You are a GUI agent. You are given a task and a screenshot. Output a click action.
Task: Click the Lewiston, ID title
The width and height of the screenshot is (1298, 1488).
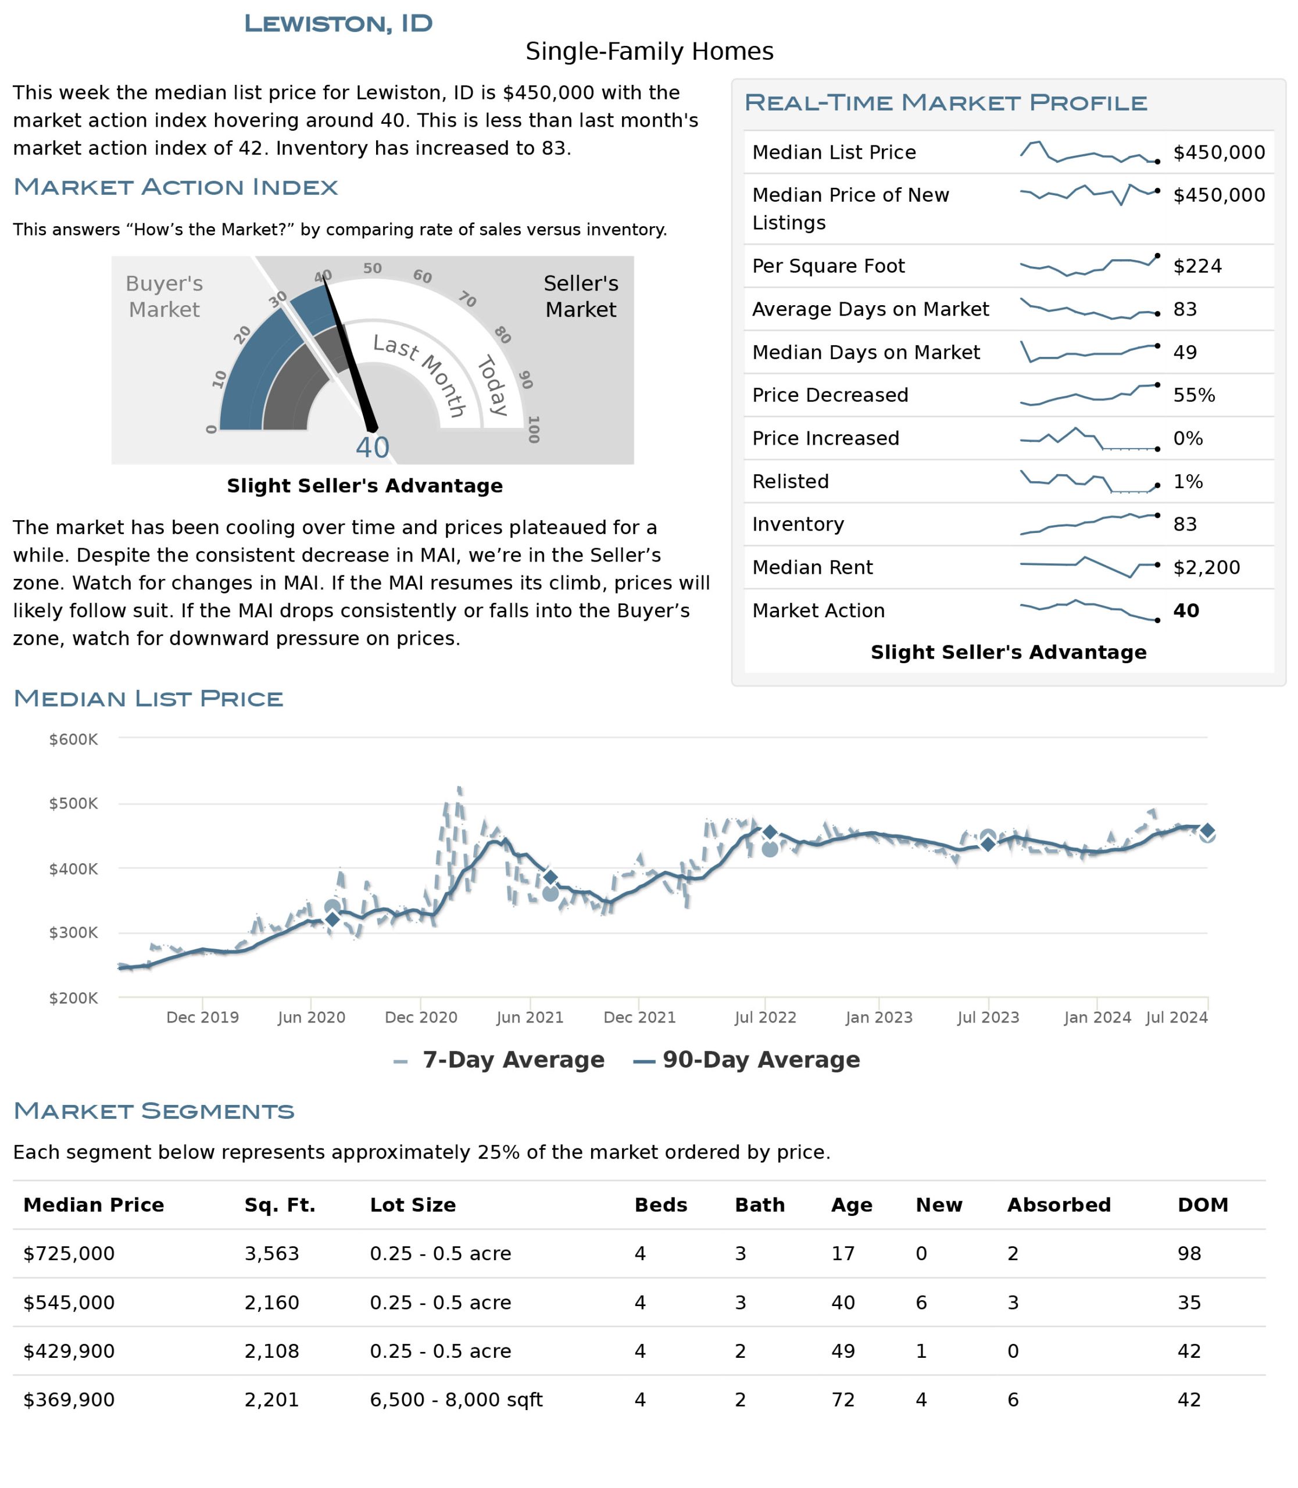point(338,23)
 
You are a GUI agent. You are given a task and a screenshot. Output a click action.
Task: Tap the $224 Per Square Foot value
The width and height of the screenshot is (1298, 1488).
point(1197,266)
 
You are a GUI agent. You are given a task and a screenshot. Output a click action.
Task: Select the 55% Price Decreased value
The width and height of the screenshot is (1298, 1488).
point(1195,395)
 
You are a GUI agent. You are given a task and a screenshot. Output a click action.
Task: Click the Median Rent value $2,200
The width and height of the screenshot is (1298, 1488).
point(1207,567)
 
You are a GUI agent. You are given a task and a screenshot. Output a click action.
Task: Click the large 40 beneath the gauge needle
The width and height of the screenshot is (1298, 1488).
point(372,448)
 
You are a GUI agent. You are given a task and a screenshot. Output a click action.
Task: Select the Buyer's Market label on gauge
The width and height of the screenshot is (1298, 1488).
point(165,296)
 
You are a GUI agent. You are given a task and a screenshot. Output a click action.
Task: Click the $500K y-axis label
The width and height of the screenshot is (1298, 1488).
point(73,803)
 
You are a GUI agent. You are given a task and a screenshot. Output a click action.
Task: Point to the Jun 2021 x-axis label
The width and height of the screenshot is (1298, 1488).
point(530,1017)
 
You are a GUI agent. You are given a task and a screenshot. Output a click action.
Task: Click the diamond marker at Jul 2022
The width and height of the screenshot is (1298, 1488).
point(770,832)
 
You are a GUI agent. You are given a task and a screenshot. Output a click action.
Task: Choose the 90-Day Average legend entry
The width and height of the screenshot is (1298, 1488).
point(747,1059)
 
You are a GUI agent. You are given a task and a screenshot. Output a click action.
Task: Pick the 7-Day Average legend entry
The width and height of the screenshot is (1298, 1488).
point(499,1059)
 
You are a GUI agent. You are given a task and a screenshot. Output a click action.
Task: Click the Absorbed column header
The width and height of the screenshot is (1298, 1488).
point(1059,1205)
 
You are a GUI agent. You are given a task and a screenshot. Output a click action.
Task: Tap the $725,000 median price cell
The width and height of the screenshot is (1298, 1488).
point(69,1253)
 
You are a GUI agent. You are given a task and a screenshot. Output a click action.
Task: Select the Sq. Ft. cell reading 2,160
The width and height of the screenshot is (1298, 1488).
point(271,1303)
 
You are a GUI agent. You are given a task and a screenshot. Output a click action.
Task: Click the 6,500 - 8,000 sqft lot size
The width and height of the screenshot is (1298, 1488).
point(456,1400)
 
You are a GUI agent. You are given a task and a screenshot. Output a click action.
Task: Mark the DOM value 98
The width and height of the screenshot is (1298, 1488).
point(1189,1253)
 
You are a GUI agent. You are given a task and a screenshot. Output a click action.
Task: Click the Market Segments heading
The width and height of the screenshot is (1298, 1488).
point(154,1111)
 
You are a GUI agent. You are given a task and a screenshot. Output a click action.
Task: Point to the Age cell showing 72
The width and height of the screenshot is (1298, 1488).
point(843,1400)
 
